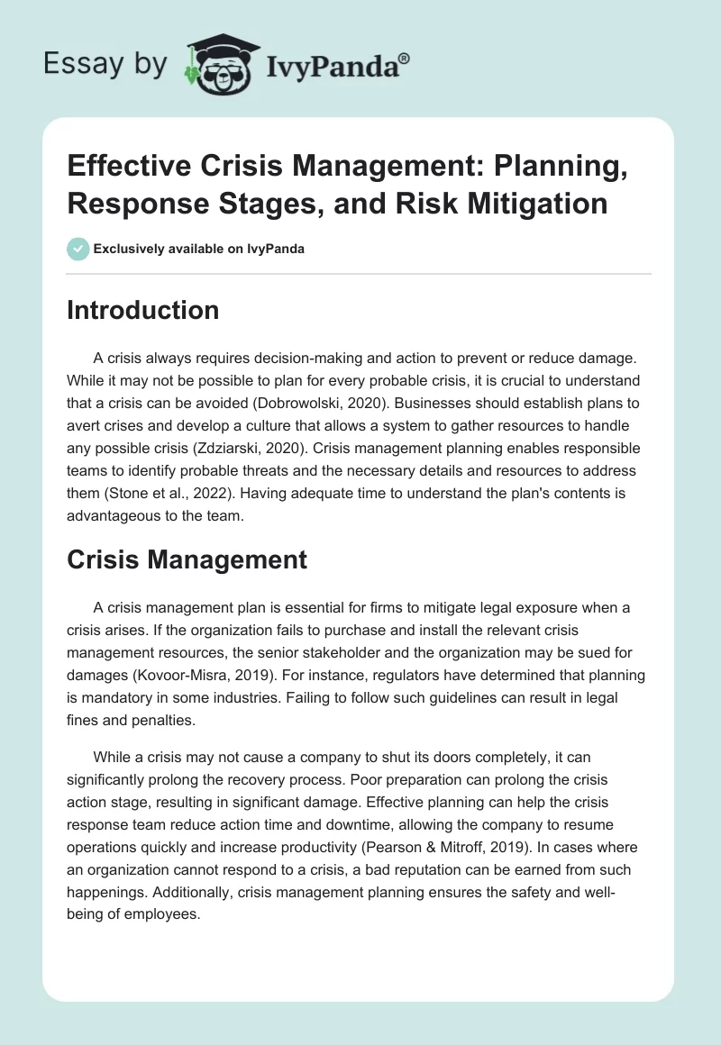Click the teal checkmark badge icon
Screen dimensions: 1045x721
(78, 249)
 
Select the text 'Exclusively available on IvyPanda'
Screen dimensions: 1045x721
(199, 249)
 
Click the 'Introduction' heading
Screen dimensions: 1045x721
(143, 311)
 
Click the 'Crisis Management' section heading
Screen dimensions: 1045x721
(187, 559)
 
